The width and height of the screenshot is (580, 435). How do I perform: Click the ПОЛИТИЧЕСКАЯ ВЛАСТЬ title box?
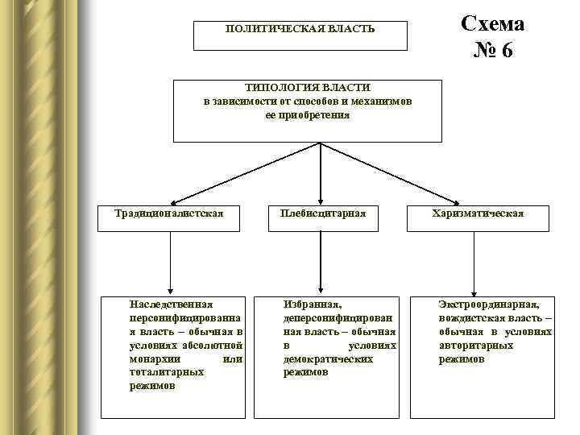pos(300,35)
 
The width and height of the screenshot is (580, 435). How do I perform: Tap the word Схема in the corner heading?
pos(492,23)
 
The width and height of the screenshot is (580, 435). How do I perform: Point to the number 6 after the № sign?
pos(506,51)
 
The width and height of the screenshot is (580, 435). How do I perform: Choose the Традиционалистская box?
pos(168,213)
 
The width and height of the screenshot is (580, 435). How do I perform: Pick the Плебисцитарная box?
pos(322,213)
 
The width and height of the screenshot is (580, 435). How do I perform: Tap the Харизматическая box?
pos(478,213)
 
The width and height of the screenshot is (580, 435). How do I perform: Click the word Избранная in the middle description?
pos(313,304)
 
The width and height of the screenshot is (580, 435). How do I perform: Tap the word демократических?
pos(328,358)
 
